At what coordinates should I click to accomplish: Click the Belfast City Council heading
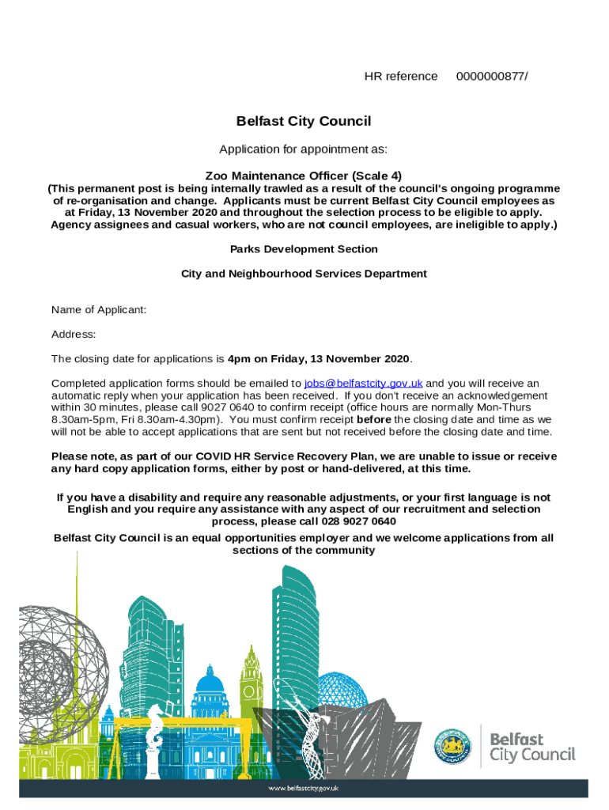(x=304, y=121)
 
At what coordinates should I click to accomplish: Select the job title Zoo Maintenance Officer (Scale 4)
(x=304, y=175)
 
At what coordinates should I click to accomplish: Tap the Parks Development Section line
(x=304, y=249)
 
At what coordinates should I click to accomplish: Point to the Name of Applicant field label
(x=99, y=309)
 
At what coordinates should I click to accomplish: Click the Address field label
(x=74, y=335)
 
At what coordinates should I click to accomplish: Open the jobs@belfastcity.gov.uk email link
(x=364, y=384)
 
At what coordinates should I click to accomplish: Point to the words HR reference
(x=400, y=77)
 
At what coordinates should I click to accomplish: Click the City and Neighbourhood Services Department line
(x=304, y=274)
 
